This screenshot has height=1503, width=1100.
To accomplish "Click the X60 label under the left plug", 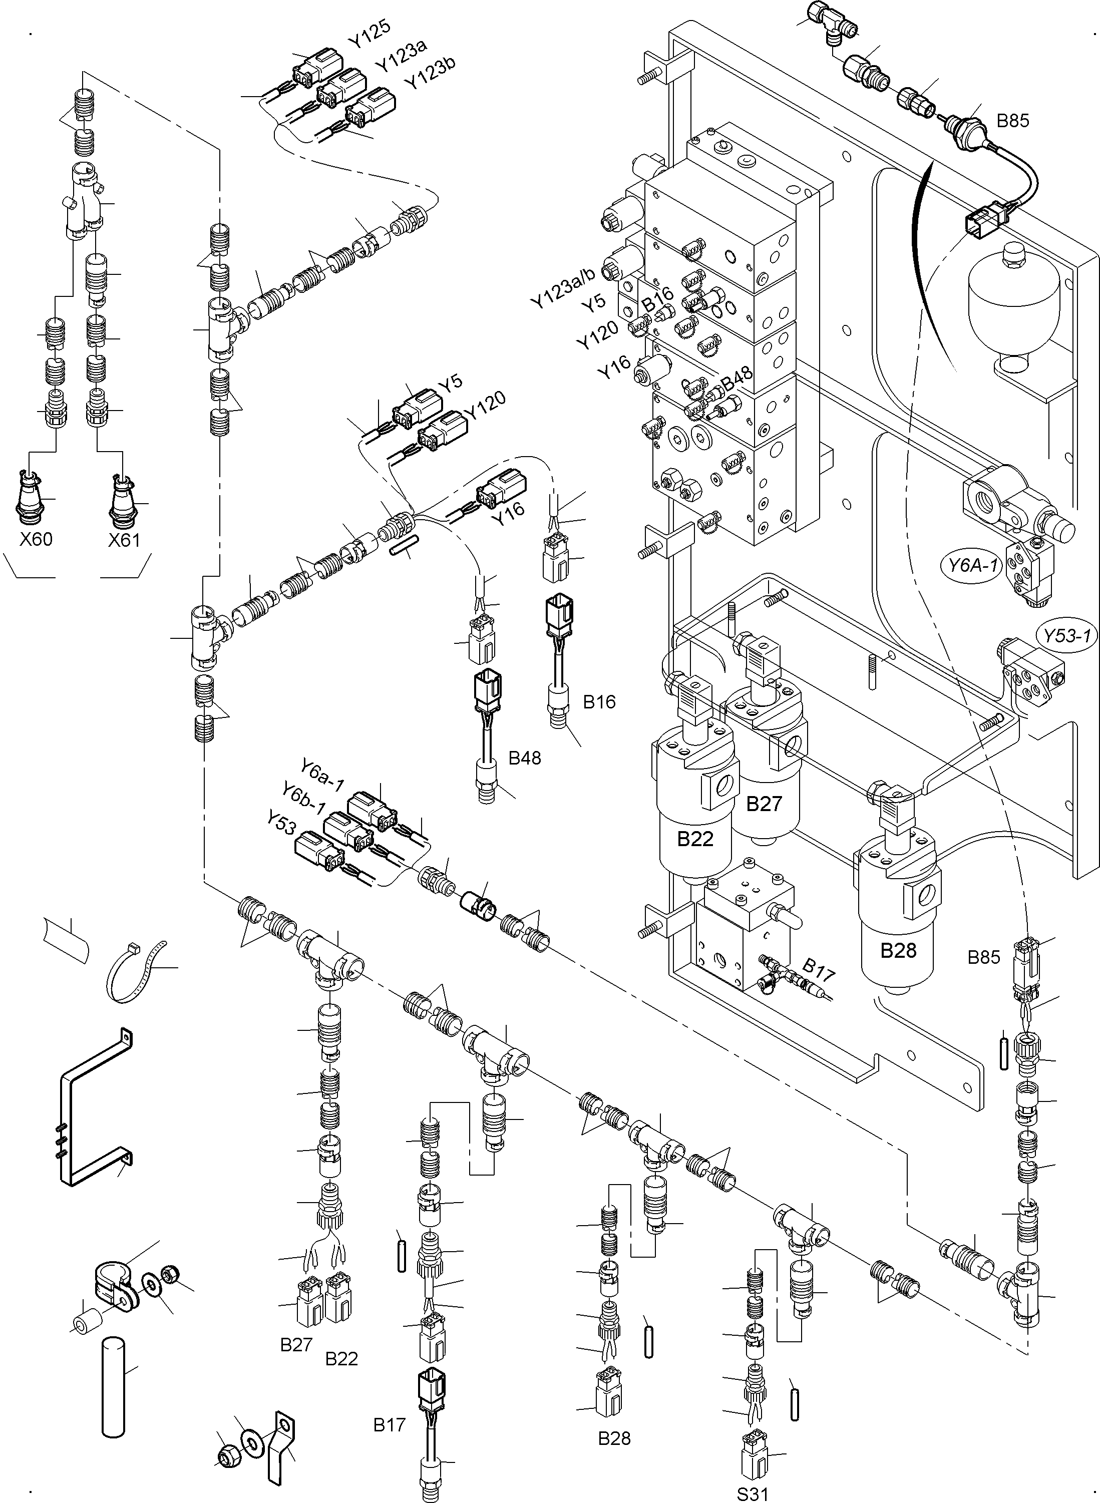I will click(x=36, y=539).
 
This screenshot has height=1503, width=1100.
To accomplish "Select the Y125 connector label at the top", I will click(x=370, y=34).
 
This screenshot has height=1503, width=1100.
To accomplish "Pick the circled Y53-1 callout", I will click(x=1067, y=636).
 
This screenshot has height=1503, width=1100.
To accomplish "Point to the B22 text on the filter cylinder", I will click(x=695, y=839).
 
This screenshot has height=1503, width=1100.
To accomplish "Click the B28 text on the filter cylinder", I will click(x=898, y=950).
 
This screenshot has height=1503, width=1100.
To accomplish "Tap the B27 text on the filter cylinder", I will click(x=763, y=804).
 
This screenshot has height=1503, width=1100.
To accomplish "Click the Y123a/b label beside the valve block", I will click(x=563, y=288).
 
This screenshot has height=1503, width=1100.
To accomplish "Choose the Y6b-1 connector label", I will click(x=303, y=799).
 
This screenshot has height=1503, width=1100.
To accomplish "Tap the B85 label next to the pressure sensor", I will click(x=1013, y=121).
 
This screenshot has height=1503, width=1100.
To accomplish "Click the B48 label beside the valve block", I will click(x=737, y=380).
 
